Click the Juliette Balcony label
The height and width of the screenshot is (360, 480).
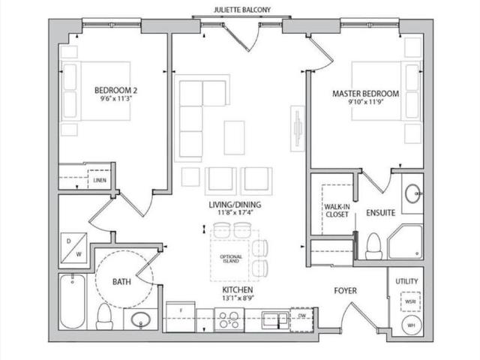(240, 10)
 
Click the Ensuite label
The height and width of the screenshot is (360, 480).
(380, 213)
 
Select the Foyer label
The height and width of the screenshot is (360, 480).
(345, 290)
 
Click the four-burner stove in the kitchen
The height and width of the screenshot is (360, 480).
(229, 320)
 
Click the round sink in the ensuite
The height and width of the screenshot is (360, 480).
(412, 196)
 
